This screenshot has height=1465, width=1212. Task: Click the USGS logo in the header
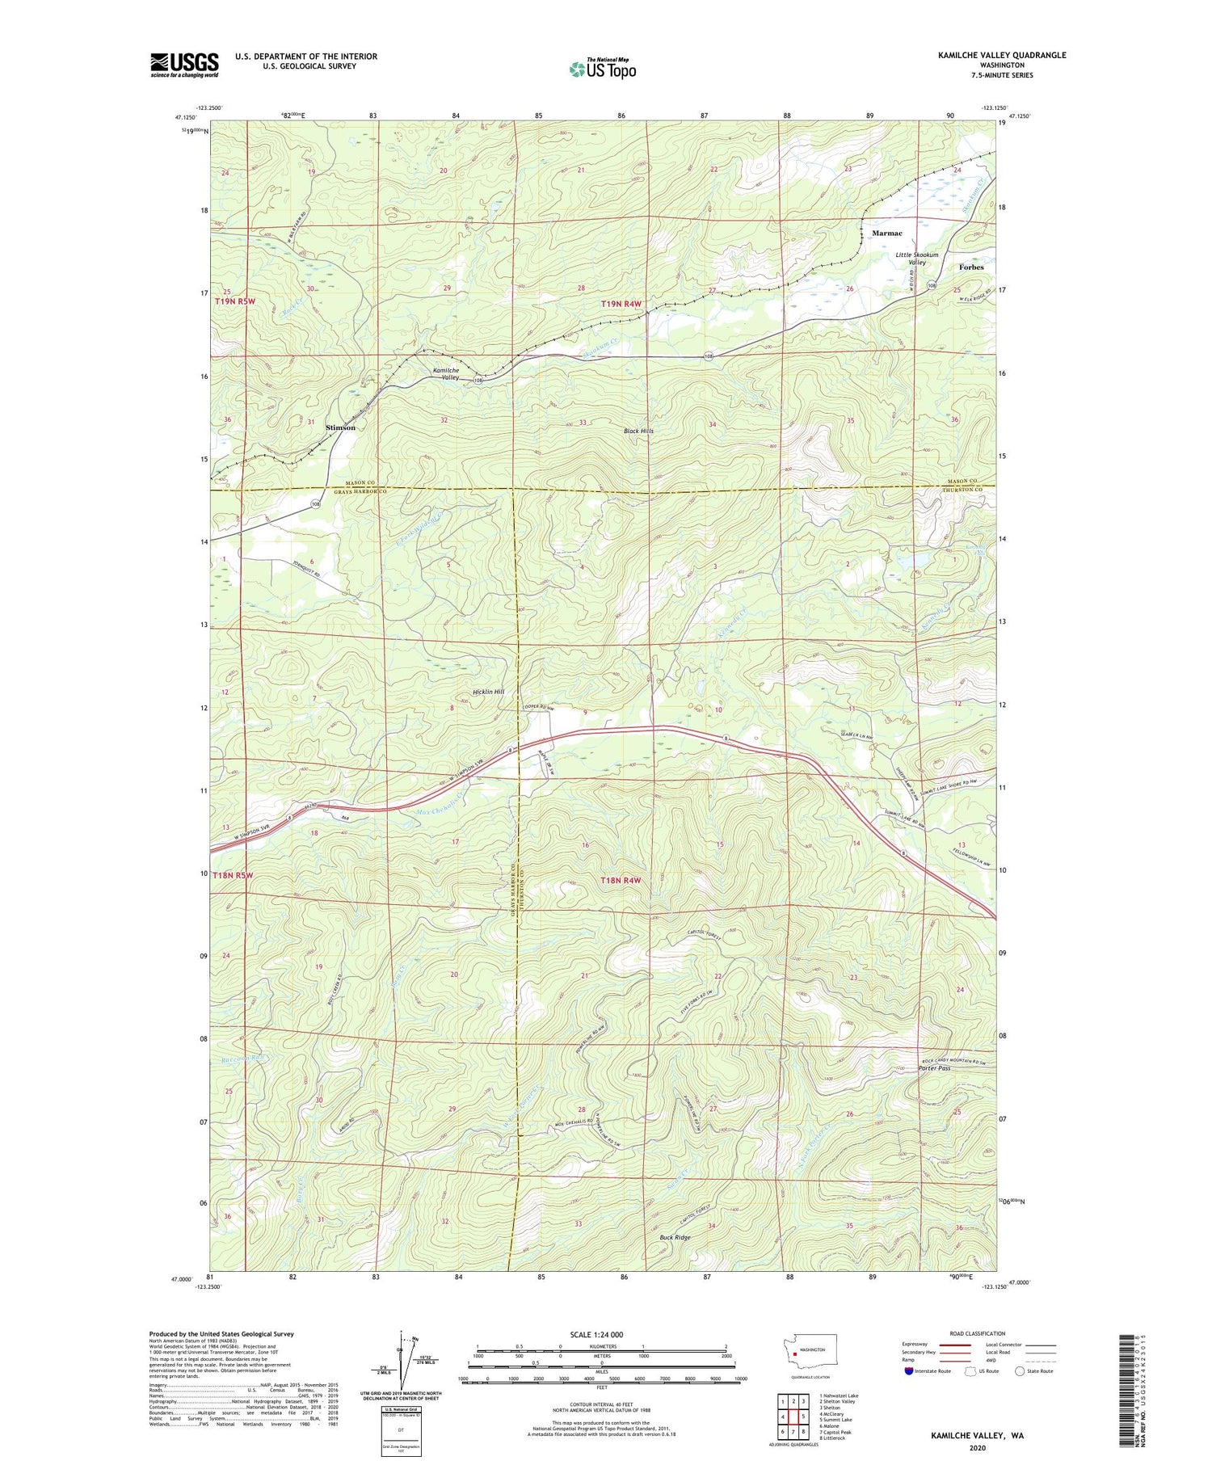point(184,65)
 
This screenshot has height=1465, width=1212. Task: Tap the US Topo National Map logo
point(602,69)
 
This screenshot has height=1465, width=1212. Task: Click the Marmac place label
point(886,233)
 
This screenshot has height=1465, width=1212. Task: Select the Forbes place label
point(971,267)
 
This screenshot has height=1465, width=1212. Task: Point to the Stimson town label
point(339,427)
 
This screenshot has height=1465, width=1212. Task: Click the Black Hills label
point(638,431)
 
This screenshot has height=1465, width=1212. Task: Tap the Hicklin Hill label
point(489,693)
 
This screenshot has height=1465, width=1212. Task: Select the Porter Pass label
point(934,1068)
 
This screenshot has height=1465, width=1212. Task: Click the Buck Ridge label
point(675,1237)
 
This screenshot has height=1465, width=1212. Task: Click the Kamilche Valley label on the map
point(446,373)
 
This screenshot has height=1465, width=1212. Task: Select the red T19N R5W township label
point(235,301)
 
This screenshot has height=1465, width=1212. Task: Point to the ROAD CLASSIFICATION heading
point(978,1333)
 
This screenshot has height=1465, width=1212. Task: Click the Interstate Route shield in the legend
point(908,1371)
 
